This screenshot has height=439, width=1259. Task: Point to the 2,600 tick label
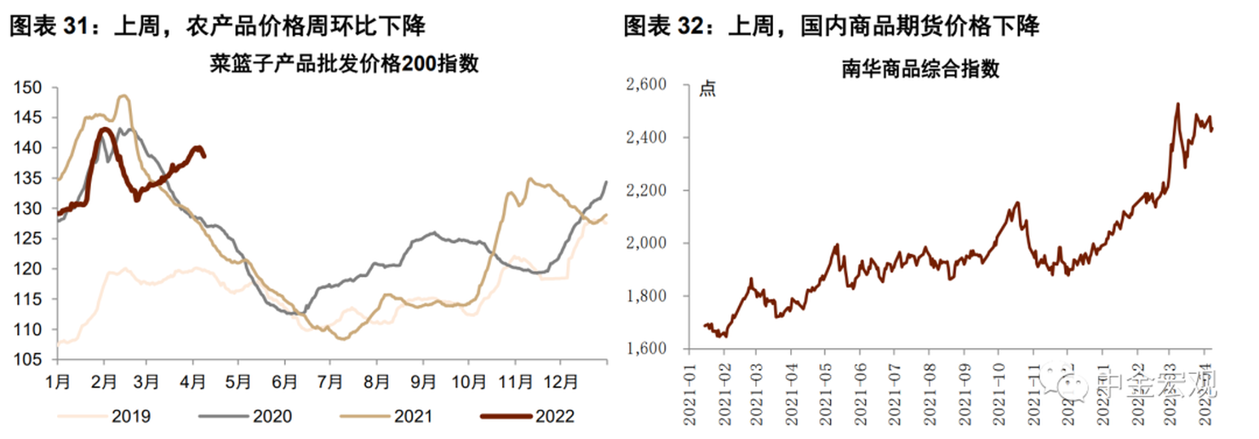coord(646,85)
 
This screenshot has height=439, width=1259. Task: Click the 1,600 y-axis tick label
coord(646,349)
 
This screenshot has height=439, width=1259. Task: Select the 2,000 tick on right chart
coord(646,243)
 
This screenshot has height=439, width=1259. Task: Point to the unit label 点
coord(707,89)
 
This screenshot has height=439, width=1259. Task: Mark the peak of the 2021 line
coord(123,96)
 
